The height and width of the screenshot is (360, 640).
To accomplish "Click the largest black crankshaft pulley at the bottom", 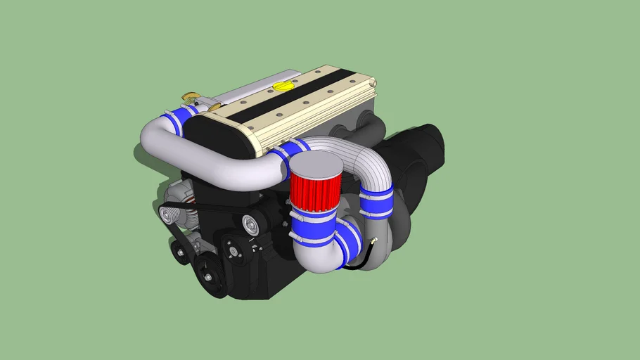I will [210, 276].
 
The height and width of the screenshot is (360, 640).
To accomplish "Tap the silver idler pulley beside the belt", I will [250, 225].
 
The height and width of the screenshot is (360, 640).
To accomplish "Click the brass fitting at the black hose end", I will [373, 241].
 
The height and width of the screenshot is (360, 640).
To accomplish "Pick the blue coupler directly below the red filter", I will [313, 224].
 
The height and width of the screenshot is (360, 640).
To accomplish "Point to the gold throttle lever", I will [191, 96].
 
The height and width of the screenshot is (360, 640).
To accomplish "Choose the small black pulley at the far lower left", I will [180, 252].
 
